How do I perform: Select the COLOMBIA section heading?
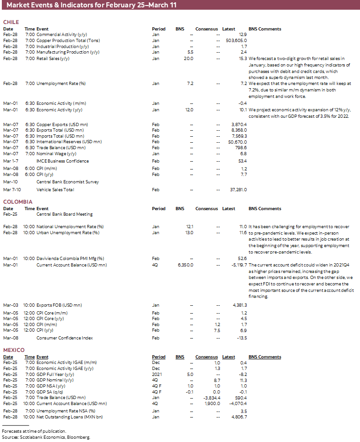click(x=18, y=202)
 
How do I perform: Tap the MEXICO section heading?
click(x=13, y=350)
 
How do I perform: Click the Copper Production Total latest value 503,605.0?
click(x=236, y=41)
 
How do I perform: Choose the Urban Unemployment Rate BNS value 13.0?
click(x=189, y=233)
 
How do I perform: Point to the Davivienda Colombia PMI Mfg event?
click(x=70, y=259)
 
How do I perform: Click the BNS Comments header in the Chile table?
click(x=265, y=29)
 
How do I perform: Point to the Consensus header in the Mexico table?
click(x=207, y=357)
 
